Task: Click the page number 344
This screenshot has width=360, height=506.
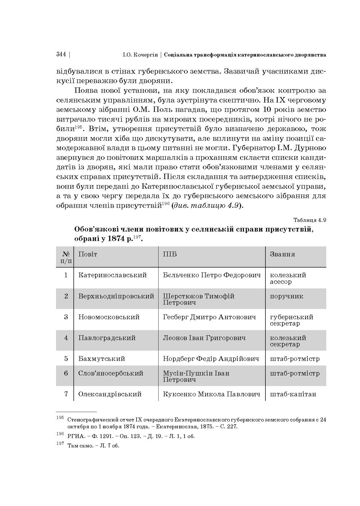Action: pyautogui.click(x=61, y=55)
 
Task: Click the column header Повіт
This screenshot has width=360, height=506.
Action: pyautogui.click(x=88, y=254)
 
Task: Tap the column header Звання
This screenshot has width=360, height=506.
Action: pyautogui.click(x=282, y=254)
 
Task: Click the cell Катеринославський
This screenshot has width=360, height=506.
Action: pyautogui.click(x=113, y=275)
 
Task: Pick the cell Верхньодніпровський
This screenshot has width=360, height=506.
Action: pyautogui.click(x=116, y=296)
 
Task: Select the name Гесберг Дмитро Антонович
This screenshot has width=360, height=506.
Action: pyautogui.click(x=209, y=317)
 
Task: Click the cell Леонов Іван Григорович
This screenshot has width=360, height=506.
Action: pyautogui.click(x=204, y=338)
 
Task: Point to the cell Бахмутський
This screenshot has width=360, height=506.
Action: pyautogui.click(x=102, y=359)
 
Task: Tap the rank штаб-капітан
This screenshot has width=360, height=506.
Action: pyautogui.click(x=293, y=394)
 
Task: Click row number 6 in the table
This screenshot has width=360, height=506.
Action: pyautogui.click(x=66, y=373)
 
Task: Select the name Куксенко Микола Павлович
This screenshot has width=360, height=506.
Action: pyautogui.click(x=211, y=394)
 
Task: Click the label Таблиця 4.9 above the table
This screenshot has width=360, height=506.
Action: pyautogui.click(x=310, y=220)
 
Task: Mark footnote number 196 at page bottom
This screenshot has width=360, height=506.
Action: pyautogui.click(x=60, y=434)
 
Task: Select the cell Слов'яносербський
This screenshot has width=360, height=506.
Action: pyautogui.click(x=111, y=373)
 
